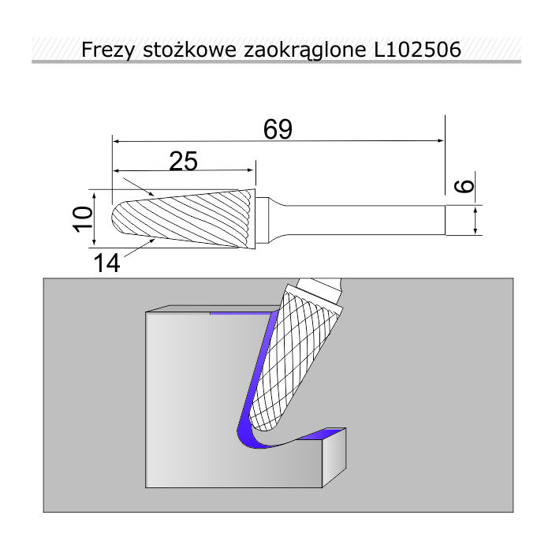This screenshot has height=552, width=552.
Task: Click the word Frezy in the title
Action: [108, 50]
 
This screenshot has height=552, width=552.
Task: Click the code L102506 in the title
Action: [417, 49]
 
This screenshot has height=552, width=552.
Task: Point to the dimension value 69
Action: [278, 129]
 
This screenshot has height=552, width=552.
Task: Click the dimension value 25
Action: [184, 161]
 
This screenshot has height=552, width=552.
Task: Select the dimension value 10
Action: [83, 219]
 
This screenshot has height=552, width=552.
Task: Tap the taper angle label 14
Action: [107, 263]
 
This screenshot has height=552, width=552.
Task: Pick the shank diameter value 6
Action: [465, 186]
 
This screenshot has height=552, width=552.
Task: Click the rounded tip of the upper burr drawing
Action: [115, 218]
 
